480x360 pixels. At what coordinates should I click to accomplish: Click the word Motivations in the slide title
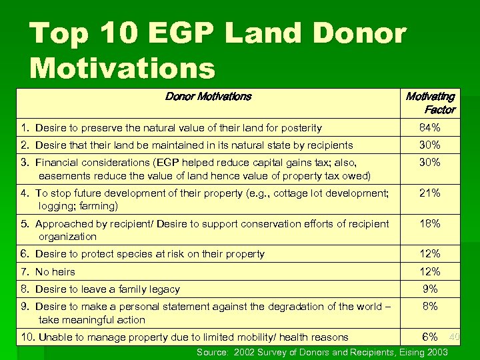click(x=123, y=68)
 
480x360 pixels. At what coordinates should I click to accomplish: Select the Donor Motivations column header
click(x=208, y=97)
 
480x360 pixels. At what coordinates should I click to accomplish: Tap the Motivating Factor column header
click(x=430, y=103)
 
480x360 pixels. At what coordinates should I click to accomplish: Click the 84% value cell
click(x=429, y=127)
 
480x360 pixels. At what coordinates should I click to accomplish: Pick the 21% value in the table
click(x=429, y=193)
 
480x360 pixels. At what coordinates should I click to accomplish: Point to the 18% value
click(x=429, y=224)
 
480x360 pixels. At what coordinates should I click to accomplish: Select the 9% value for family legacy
click(x=430, y=289)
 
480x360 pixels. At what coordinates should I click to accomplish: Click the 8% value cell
click(x=430, y=307)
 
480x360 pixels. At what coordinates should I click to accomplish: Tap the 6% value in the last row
click(x=430, y=337)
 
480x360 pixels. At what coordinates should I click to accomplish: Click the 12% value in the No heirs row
click(x=429, y=271)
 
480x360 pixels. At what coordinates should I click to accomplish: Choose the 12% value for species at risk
click(x=429, y=253)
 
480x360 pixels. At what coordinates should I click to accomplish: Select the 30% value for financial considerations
click(x=429, y=162)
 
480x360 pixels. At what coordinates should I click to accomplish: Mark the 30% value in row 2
click(x=429, y=145)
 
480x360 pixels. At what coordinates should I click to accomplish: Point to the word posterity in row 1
click(x=299, y=128)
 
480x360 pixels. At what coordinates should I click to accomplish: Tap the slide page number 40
click(x=454, y=337)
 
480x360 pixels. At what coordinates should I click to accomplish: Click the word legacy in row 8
click(x=163, y=289)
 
